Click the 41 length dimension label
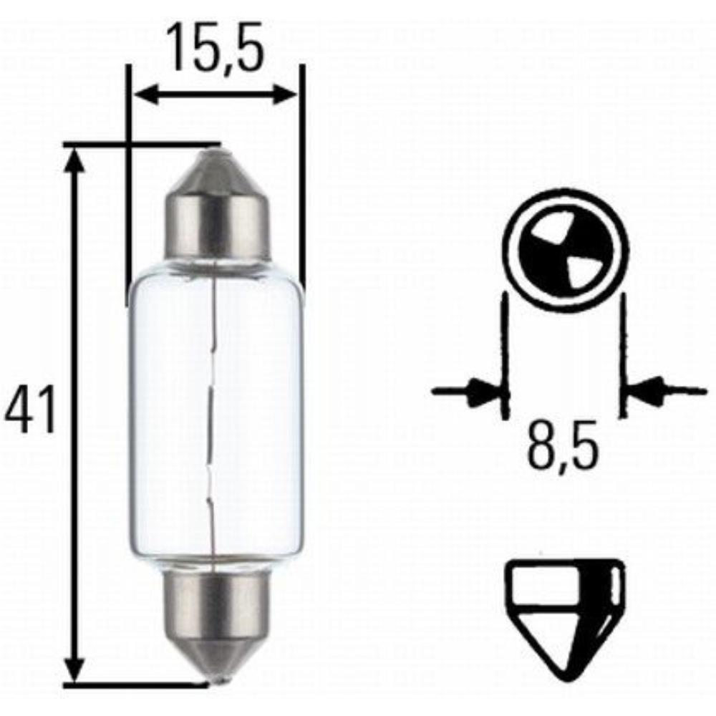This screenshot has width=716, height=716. coord(30,413)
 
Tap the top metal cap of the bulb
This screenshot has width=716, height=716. coord(217,215)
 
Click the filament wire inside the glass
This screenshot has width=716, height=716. coord(213,415)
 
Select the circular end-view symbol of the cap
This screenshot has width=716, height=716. coord(565,251)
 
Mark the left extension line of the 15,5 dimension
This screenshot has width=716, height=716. coord(129,179)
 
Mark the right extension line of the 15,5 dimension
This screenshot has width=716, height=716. coord(302,179)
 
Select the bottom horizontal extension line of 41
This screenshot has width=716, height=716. coord(136,684)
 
